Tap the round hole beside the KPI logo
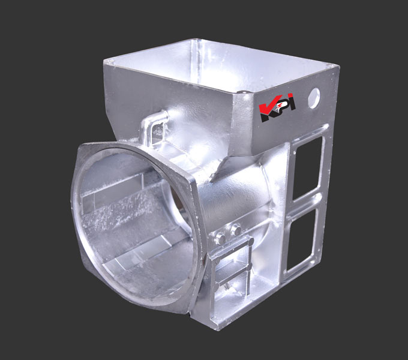tap(313, 98)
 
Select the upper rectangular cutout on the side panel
tap(307, 167)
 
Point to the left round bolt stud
tap(221, 238)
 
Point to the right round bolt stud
tap(237, 230)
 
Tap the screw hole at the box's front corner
tap(244, 92)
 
